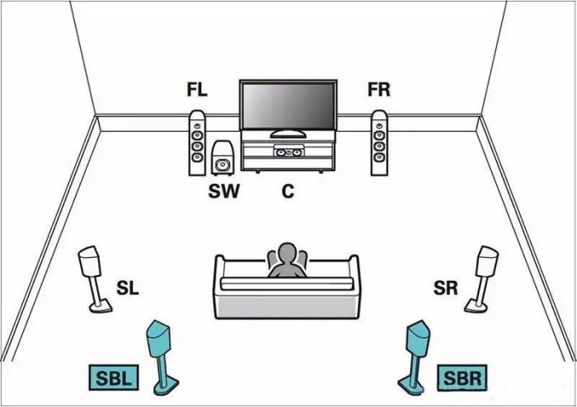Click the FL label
197,90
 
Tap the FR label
378,90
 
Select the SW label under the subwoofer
223,191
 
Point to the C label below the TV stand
288,191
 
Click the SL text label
128,288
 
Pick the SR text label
446,288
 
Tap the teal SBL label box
114,377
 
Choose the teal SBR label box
462,378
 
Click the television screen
288,106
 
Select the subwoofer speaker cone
223,164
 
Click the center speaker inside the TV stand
288,152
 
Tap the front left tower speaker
197,143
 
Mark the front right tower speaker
379,143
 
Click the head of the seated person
288,254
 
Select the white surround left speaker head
89,260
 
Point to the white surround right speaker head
487,260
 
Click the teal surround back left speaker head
158,338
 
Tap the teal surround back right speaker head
418,338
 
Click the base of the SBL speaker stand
166,386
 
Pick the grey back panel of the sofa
286,306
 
